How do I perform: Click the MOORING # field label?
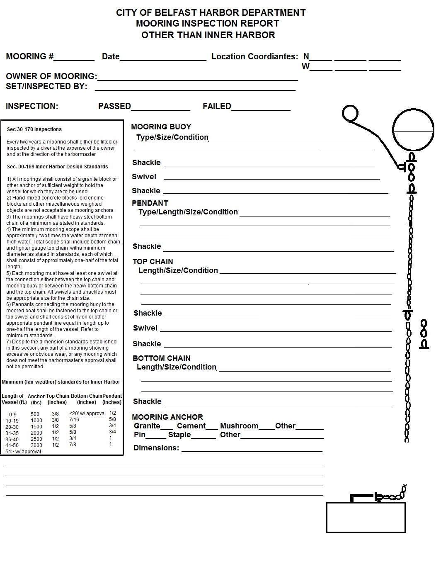click(x=29, y=57)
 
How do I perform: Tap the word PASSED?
click(x=114, y=107)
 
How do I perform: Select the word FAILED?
click(x=217, y=107)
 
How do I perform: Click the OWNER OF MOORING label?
click(x=51, y=77)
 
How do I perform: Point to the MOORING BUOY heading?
click(x=161, y=127)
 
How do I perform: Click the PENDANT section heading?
click(x=150, y=203)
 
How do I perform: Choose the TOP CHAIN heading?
click(x=153, y=262)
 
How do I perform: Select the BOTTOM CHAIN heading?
click(x=161, y=358)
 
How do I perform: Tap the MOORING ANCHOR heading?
click(x=167, y=417)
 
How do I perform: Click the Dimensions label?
click(x=156, y=448)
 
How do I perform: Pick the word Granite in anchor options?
click(x=147, y=426)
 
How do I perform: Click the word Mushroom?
click(x=239, y=426)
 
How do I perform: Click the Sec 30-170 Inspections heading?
click(x=34, y=129)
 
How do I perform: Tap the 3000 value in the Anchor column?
click(x=36, y=445)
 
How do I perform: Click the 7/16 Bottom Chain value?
click(x=74, y=420)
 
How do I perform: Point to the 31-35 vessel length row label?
click(x=12, y=433)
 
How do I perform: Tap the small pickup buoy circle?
click(x=350, y=113)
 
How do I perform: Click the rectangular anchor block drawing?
click(x=366, y=517)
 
